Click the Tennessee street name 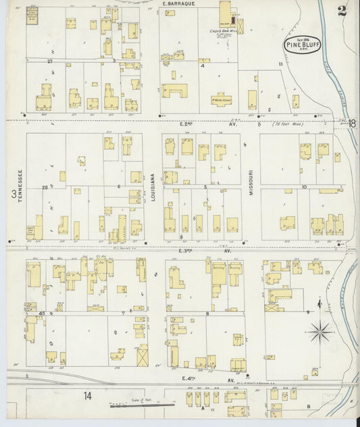20,183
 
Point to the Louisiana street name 153,182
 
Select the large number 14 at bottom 87,396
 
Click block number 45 42,313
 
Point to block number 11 280,64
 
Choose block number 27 49,61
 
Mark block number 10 305,186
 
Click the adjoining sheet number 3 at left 13,194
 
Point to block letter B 309,406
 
